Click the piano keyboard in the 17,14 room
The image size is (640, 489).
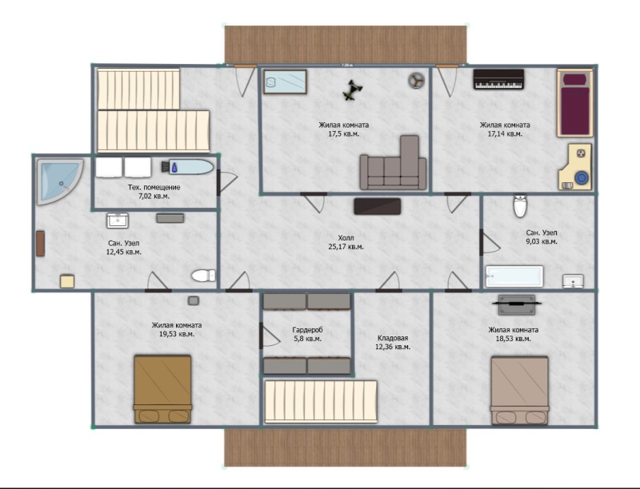coord(498,79)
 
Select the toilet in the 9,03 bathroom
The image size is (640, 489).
coord(519,206)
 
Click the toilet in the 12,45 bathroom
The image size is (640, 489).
coord(203,276)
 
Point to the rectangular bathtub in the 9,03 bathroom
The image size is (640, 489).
coord(514,276)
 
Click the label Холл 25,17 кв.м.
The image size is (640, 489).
coord(346,242)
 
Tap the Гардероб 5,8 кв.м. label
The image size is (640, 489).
coord(307,334)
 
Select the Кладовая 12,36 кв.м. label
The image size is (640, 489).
coord(392,343)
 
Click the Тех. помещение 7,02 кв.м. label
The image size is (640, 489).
coord(154,192)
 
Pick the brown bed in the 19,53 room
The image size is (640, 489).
coord(162,389)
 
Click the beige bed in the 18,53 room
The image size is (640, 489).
coord(519,391)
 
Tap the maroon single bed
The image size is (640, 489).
coord(574,103)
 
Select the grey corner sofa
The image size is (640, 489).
coord(394,164)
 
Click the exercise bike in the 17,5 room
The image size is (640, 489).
coord(351,90)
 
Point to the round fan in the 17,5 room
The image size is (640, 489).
coord(416,80)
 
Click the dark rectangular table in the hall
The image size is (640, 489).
coord(377,206)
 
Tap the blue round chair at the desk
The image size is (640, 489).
coord(582,178)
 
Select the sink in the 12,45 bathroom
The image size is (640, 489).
coord(118,221)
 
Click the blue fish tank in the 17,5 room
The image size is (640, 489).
coord(285,81)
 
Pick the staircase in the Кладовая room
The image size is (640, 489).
coord(321,402)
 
